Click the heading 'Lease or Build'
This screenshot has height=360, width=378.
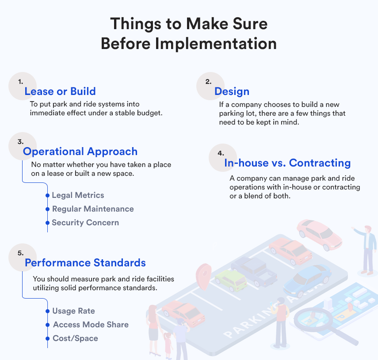[x=60, y=91]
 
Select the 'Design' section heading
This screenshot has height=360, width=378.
[x=232, y=92]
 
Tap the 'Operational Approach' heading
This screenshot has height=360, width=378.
[x=80, y=152]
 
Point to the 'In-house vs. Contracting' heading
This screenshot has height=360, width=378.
[x=287, y=163]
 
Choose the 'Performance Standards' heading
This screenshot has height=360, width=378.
[x=85, y=263]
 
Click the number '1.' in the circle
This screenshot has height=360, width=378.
[x=21, y=82]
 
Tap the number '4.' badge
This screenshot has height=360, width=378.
[x=221, y=153]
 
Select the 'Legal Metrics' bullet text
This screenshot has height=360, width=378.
[x=78, y=195]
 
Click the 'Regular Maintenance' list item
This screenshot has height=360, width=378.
[x=93, y=209]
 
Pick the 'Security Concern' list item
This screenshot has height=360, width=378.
[x=86, y=223]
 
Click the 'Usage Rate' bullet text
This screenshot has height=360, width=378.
[x=74, y=311]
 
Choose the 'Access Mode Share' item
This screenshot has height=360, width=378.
[x=91, y=325]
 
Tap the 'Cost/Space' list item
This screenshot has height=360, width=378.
[x=76, y=338]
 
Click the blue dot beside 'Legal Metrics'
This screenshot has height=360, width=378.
[x=47, y=195]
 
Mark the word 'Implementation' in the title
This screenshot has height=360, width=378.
[x=216, y=44]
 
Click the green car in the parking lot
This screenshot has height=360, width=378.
[x=231, y=280]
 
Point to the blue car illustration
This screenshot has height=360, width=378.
[x=307, y=281]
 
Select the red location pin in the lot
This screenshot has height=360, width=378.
[x=204, y=276]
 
